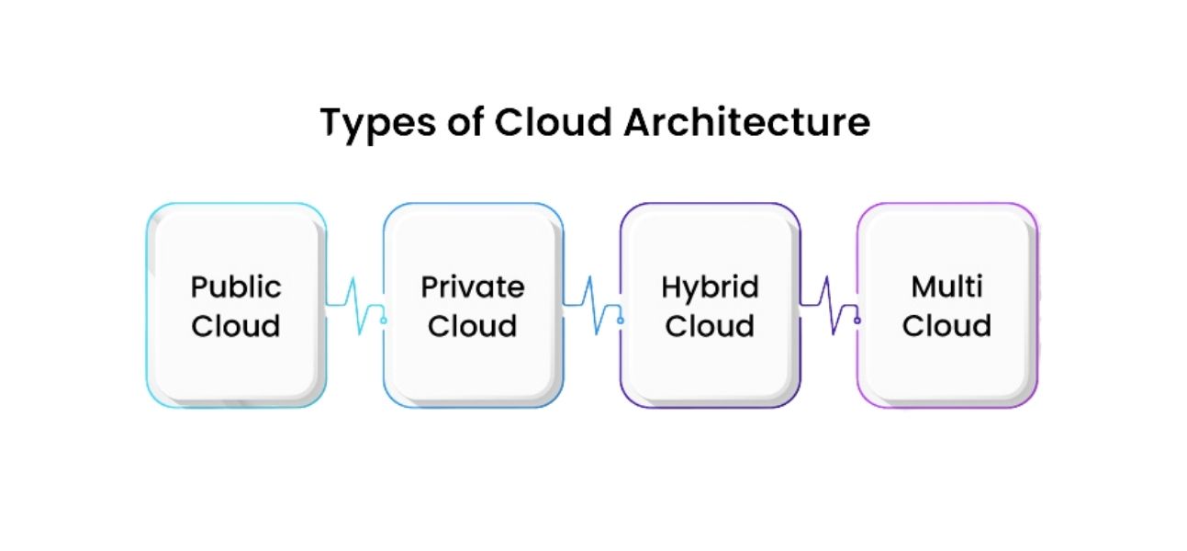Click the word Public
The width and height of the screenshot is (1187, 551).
click(236, 287)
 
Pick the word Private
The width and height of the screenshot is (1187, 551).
click(473, 287)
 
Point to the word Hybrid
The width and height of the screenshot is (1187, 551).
click(710, 288)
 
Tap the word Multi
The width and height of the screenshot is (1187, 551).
click(946, 287)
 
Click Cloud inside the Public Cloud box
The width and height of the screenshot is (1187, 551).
click(236, 326)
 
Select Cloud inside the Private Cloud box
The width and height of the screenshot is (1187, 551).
click(473, 326)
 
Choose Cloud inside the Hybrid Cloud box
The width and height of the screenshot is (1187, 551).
click(710, 326)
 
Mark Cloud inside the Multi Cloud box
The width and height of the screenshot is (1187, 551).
click(946, 326)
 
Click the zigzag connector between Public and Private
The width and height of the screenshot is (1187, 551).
click(354, 306)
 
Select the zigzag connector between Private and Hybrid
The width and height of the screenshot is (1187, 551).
click(591, 306)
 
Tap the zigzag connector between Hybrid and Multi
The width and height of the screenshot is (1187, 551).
click(828, 306)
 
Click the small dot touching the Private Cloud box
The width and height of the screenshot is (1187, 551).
click(383, 320)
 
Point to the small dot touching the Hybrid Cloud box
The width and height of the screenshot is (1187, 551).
click(620, 320)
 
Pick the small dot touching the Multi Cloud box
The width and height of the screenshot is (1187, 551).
click(857, 320)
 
